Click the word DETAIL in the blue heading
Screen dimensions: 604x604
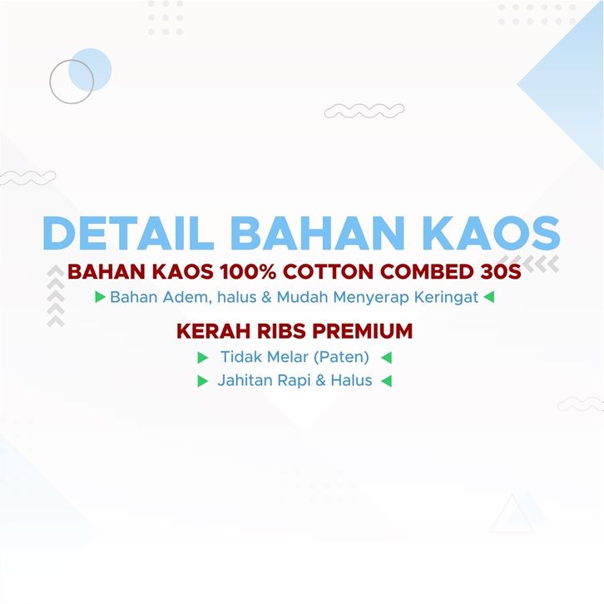(x=129, y=233)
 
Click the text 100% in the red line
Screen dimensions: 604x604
(x=248, y=271)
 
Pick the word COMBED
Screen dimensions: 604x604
(x=427, y=271)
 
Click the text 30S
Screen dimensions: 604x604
(x=500, y=271)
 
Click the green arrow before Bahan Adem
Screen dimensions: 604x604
(x=100, y=297)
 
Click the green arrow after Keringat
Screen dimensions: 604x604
(x=489, y=297)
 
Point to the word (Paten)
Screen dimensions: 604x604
(x=341, y=357)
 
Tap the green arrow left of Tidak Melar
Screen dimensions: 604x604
(x=203, y=358)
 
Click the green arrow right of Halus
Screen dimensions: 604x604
(x=386, y=381)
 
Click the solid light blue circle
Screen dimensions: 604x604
(x=90, y=70)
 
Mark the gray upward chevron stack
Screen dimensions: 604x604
(x=56, y=296)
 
